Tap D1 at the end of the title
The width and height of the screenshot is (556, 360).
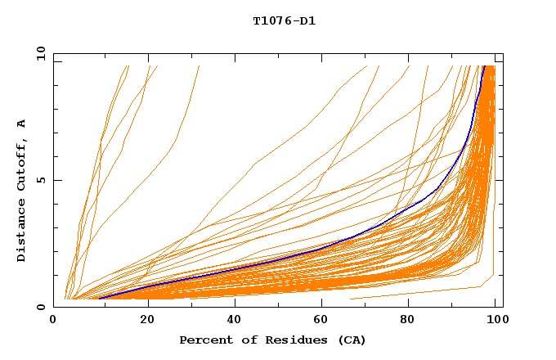point(306,21)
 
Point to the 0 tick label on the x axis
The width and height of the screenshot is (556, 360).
point(53,320)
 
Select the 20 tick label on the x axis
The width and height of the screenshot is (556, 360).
point(148,320)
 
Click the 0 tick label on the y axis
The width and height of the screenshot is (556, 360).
point(39,307)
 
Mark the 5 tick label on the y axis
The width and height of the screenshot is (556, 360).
point(39,180)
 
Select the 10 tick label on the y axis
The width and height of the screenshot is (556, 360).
point(36,53)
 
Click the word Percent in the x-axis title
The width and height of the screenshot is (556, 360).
point(204,340)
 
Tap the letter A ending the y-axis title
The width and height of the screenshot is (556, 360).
point(22,124)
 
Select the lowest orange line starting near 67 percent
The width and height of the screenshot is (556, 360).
point(425,291)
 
